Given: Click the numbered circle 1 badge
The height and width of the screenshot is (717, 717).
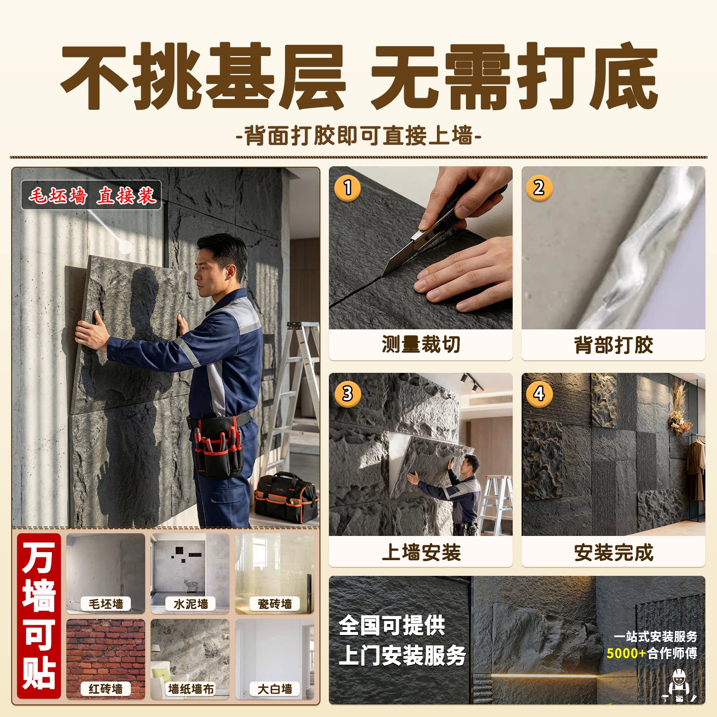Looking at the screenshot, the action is (347, 187).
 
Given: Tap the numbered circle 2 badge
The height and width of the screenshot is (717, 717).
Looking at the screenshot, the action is (539, 187).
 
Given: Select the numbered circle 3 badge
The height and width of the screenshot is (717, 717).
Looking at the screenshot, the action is (347, 394).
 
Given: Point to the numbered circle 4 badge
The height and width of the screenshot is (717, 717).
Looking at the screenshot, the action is (539, 394).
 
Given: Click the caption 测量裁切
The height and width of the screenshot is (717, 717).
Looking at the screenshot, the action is (421, 344).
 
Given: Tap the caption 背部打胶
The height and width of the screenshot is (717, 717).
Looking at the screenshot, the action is (613, 345).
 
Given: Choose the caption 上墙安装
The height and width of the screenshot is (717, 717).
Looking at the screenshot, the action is (421, 552).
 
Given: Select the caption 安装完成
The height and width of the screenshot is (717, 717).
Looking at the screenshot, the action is (613, 552).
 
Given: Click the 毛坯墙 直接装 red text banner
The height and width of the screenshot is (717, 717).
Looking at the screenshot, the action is (91, 195).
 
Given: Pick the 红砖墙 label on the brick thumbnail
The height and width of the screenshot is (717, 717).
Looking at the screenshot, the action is (106, 689).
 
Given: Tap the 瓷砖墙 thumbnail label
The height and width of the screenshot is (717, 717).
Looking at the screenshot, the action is (275, 604).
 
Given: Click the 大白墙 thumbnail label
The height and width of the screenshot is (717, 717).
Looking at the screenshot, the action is (275, 689).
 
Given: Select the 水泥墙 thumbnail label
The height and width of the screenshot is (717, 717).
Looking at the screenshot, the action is (190, 604).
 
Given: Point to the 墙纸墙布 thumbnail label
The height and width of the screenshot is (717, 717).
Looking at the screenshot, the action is (190, 689).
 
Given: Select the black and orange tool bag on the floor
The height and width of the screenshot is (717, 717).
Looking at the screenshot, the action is (286, 497).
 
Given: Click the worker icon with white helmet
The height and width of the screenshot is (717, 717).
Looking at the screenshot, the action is (679, 686).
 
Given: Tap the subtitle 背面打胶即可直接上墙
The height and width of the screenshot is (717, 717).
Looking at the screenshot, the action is (358, 135).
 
